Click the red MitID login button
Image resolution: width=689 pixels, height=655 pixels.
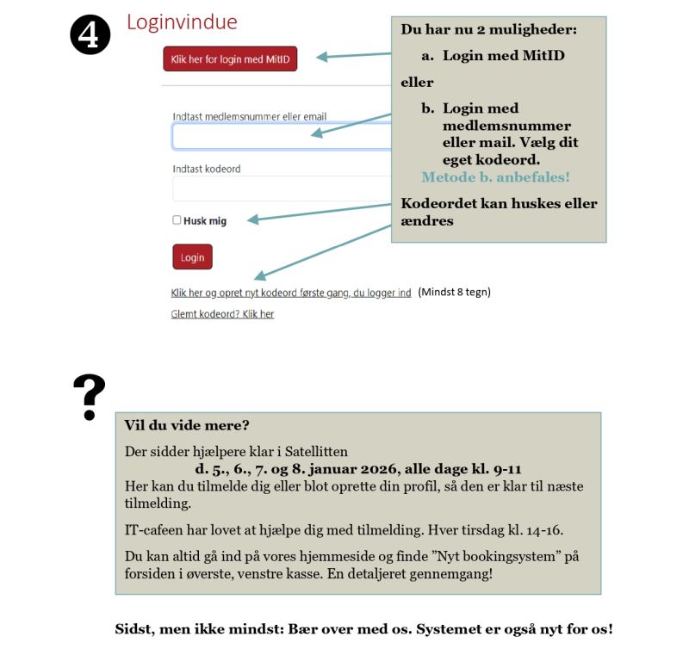click(230, 59)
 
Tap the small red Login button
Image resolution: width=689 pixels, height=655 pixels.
click(192, 257)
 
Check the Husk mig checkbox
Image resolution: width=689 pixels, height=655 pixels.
click(177, 220)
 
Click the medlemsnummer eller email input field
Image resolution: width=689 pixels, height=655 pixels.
click(281, 136)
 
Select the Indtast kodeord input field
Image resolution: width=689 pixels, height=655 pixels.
click(281, 188)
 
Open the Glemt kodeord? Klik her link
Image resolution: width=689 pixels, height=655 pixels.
click(222, 314)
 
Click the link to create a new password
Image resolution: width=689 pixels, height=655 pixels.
click(291, 293)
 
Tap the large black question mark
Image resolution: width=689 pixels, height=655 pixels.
click(89, 397)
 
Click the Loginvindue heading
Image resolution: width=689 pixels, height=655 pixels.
click(182, 22)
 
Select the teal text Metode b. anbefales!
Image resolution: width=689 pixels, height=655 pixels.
click(495, 177)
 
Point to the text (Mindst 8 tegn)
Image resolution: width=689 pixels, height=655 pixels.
click(454, 292)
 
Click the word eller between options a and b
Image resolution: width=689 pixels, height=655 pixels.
click(418, 83)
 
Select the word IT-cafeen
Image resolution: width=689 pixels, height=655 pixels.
click(152, 528)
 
